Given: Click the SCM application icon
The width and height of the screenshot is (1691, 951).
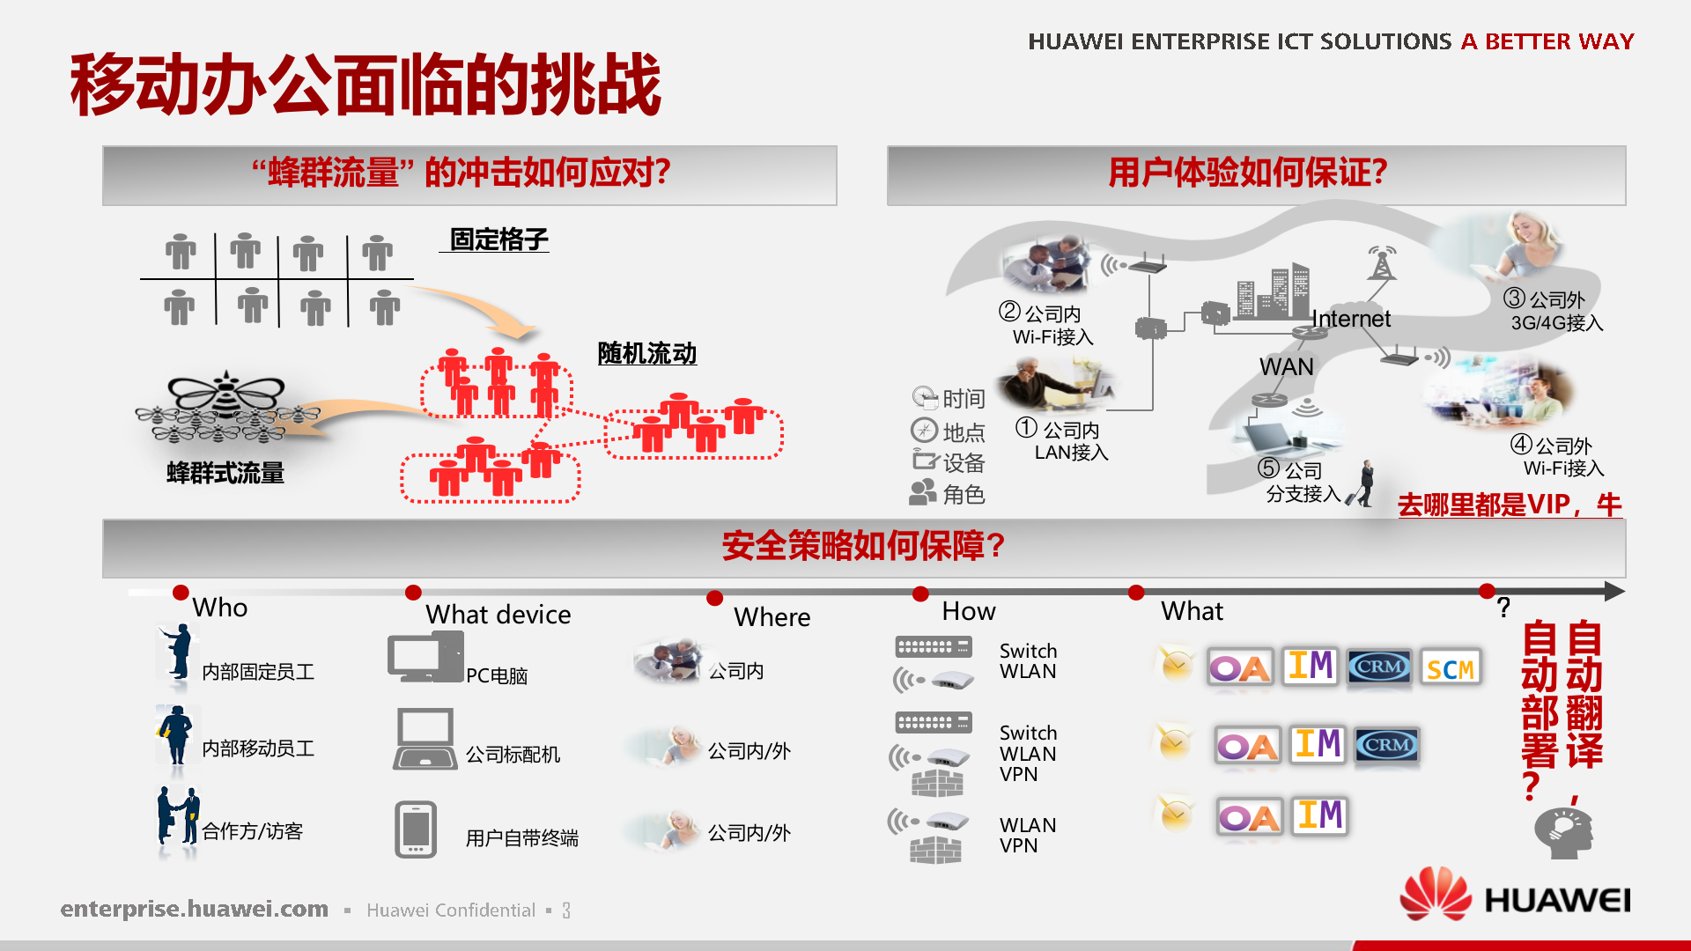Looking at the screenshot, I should pyautogui.click(x=1450, y=668).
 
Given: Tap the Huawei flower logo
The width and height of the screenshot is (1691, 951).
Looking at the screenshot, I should pyautogui.click(x=1435, y=894).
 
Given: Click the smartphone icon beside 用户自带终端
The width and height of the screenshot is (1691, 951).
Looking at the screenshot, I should pyautogui.click(x=416, y=829).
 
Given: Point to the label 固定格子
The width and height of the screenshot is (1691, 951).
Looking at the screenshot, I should pyautogui.click(x=498, y=240).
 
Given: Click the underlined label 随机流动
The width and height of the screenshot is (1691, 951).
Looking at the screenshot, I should pyautogui.click(x=646, y=354).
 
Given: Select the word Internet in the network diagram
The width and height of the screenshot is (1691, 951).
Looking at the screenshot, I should pyautogui.click(x=1351, y=319).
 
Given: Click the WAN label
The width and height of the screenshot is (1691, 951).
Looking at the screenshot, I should pyautogui.click(x=1286, y=366).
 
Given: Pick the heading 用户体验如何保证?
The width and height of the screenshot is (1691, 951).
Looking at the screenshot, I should pyautogui.click(x=1247, y=173).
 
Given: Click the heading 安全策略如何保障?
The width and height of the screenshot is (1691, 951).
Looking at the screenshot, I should pyautogui.click(x=863, y=546).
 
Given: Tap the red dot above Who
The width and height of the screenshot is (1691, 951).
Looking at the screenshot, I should pyautogui.click(x=181, y=592).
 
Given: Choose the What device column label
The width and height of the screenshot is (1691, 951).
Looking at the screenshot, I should pyautogui.click(x=498, y=615).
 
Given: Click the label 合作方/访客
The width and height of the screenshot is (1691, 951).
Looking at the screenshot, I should pyautogui.click(x=252, y=831).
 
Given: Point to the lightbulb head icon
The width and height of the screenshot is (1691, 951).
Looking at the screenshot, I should pyautogui.click(x=1562, y=832).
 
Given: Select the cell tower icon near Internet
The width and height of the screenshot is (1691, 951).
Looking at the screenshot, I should pyautogui.click(x=1381, y=262).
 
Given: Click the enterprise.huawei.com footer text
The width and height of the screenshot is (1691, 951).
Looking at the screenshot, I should pyautogui.click(x=194, y=909).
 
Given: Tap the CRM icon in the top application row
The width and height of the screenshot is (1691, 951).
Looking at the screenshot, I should pyautogui.click(x=1379, y=667).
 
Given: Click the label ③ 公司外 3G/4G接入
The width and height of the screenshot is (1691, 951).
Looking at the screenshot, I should pyautogui.click(x=1555, y=311).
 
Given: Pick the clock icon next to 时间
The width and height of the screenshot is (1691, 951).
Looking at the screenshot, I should pyautogui.click(x=924, y=398).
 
